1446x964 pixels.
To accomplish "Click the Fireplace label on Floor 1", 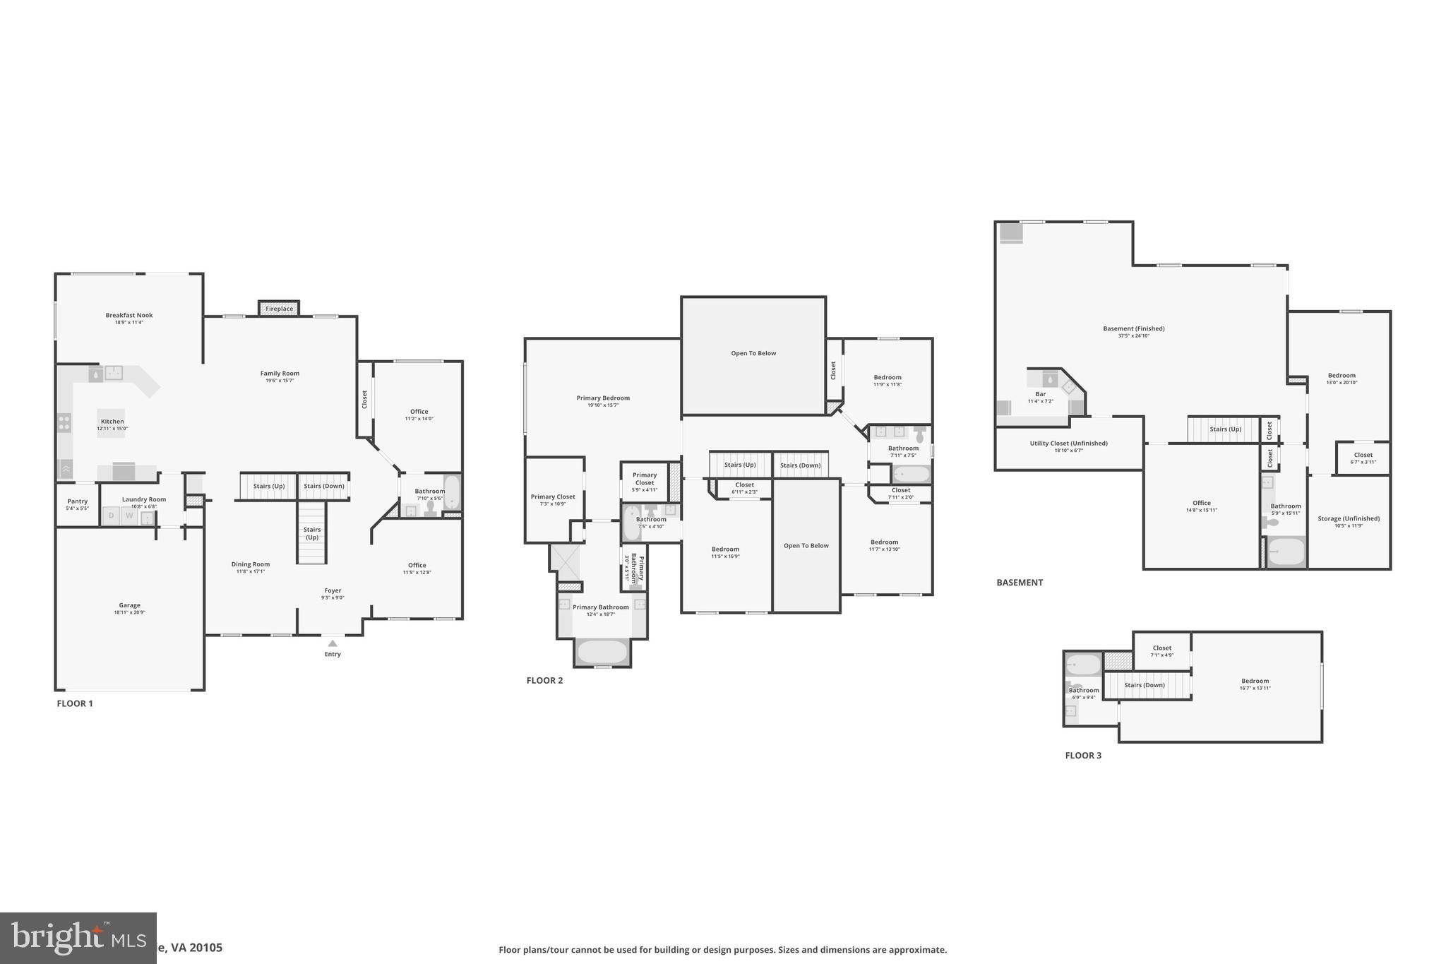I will pos(280,309).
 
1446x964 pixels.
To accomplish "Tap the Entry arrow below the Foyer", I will pos(333,643).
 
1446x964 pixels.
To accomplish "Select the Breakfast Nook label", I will pos(129,316).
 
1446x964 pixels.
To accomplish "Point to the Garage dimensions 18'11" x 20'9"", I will pos(129,613).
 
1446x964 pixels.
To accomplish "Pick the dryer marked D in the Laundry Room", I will pos(111,516).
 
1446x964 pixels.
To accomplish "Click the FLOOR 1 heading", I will pos(75,703).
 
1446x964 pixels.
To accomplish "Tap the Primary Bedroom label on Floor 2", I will pos(603,398).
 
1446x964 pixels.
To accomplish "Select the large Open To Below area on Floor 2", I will pos(753,354).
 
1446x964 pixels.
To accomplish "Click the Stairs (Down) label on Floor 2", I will pos(801,465).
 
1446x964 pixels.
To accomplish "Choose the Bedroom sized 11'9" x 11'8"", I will pos(888,381).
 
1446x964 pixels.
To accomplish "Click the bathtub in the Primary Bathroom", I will pos(602,652).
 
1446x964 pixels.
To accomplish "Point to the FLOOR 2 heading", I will pos(544,681).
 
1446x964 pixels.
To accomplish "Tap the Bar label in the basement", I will pos(1041,395).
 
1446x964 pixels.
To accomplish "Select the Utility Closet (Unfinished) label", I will pos(1068,444).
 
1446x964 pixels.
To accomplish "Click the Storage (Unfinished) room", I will pos(1349,521).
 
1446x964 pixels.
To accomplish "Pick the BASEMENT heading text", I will pos(1020,583).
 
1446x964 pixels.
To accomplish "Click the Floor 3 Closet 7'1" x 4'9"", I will pos(1162,651).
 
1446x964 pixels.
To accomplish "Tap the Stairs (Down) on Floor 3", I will pos(1145,685).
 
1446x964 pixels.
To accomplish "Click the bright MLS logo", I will pos(78,938).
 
